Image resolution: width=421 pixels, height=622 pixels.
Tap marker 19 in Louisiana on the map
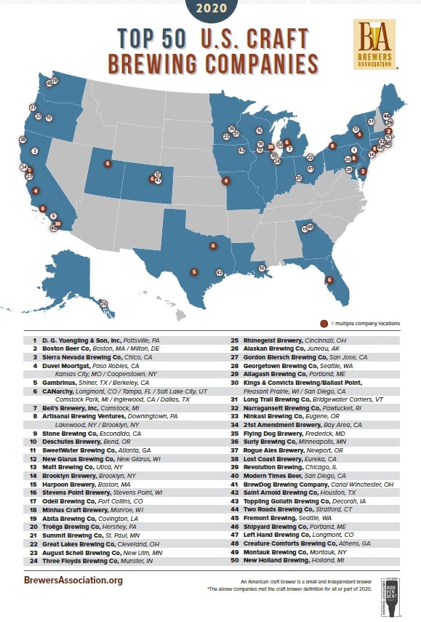pyautogui.click(x=261, y=268)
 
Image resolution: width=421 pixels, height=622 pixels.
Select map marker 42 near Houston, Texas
pyautogui.click(x=219, y=272)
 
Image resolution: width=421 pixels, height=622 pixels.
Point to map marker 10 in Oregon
pyautogui.click(x=49, y=117)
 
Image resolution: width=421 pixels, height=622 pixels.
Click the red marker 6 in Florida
pyautogui.click(x=329, y=279)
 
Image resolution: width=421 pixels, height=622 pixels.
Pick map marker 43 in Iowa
pyautogui.click(x=241, y=151)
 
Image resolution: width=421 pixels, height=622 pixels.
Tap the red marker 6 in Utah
pyautogui.click(x=108, y=164)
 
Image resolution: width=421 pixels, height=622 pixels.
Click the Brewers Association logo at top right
pyautogui.click(x=374, y=44)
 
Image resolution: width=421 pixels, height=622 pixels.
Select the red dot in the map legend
pyautogui.click(x=323, y=323)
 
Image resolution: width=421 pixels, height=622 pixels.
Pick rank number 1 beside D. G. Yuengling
pyautogui.click(x=34, y=339)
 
